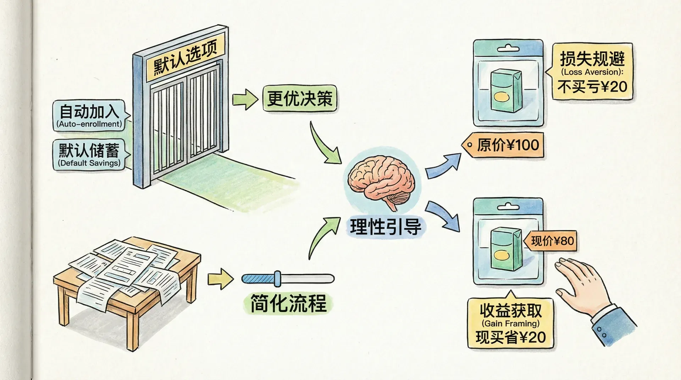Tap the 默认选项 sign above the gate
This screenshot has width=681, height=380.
tap(185, 57)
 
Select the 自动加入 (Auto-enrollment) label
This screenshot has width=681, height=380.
tap(89, 115)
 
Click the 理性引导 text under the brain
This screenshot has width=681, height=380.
tap(386, 227)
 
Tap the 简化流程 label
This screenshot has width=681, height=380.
tap(288, 303)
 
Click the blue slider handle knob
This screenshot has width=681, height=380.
tap(278, 279)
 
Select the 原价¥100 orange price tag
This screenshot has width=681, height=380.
tap(504, 145)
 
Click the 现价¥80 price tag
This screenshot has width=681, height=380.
tap(552, 241)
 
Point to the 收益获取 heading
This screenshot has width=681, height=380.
tap(511, 311)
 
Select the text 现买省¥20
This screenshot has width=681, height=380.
tap(511, 337)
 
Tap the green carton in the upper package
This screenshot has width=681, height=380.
tap(505, 90)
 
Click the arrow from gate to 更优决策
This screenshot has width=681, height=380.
tap(245, 100)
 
